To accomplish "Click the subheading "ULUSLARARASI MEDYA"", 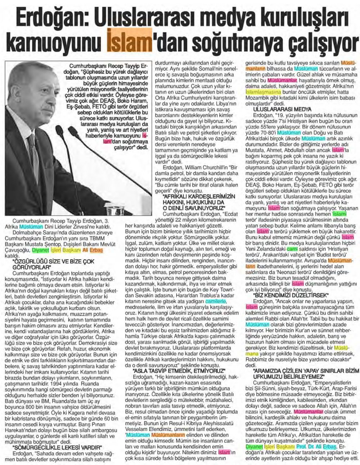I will pyautogui.click(x=281, y=109).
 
